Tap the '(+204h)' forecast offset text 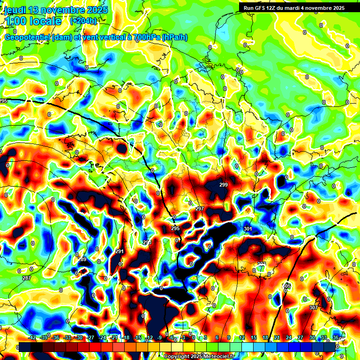pos(83,21)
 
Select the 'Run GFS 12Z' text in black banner pos(261,7)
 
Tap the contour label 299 pos(224,185)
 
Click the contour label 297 pos(200,209)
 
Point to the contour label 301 pos(248,229)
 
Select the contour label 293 pos(147,242)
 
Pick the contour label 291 pos(119,251)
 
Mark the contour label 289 pos(82,259)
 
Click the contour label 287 pos(27,278)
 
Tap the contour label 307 pos(314,307)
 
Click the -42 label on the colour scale pos(32,337)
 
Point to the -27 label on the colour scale pos(90,337)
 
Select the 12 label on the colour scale pos(242,337)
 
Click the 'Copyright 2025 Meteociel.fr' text pos(200,356)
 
